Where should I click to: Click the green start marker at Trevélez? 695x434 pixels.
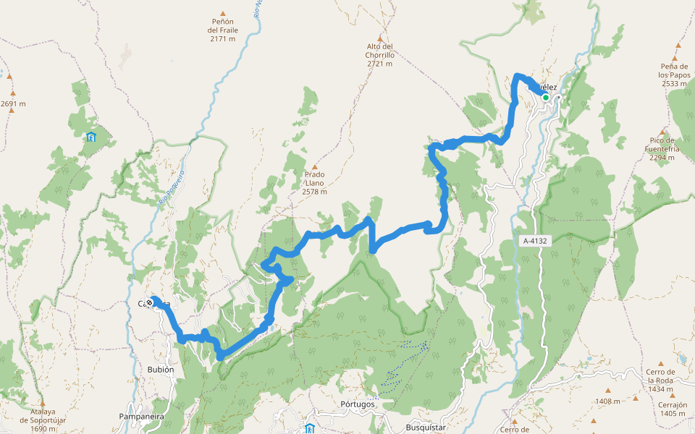pos(545,98)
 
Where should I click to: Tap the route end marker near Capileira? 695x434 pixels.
pos(150,302)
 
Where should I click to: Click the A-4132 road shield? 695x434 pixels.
pos(535,241)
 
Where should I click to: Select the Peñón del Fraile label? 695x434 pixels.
pos(222,30)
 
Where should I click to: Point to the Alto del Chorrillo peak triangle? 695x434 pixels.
pos(379,38)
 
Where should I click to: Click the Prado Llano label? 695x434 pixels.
pos(314,183)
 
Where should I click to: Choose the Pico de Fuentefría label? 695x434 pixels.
pos(662,149)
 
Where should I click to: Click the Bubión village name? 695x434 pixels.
pos(161,370)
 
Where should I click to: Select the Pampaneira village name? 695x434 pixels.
pos(142,417)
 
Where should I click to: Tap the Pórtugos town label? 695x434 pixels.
pos(357,404)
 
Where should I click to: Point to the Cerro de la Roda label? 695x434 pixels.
pos(660,380)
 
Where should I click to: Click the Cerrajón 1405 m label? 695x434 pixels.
pos(673,409)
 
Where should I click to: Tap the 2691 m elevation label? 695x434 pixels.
pos(13,103)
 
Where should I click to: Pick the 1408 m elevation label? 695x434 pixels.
pos(607,401)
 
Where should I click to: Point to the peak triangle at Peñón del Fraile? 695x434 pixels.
pos(223,13)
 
